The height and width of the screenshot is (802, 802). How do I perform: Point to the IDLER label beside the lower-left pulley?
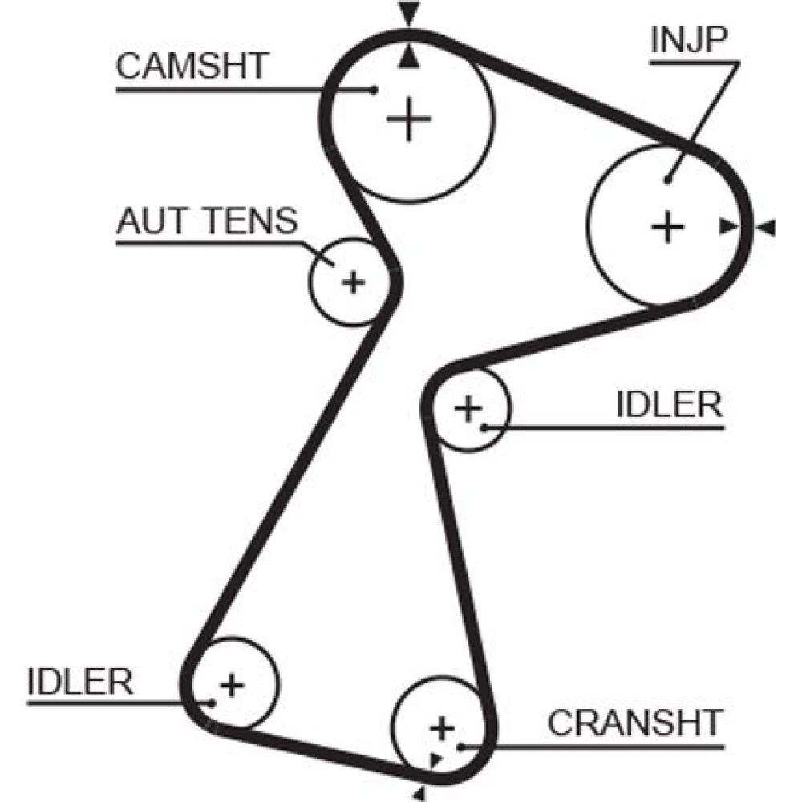point(80,682)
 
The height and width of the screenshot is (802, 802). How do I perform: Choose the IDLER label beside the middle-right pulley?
point(669,405)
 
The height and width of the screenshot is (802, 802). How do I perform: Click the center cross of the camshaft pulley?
point(409,119)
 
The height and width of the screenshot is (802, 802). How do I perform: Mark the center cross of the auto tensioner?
point(353,282)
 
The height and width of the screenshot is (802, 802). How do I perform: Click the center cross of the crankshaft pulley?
point(441,728)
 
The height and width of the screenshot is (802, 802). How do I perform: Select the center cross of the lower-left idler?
point(232,684)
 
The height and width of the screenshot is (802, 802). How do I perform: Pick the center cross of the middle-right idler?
point(468,409)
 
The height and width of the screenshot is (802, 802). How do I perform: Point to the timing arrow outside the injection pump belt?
point(767,228)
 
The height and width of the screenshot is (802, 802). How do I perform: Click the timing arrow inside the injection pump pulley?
point(727,228)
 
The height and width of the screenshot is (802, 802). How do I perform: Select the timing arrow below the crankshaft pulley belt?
point(419,793)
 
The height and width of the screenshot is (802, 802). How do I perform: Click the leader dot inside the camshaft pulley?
point(375,90)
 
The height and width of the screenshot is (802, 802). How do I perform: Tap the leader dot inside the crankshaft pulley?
point(461,746)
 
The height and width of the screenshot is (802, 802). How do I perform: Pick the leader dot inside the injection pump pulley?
point(667,181)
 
